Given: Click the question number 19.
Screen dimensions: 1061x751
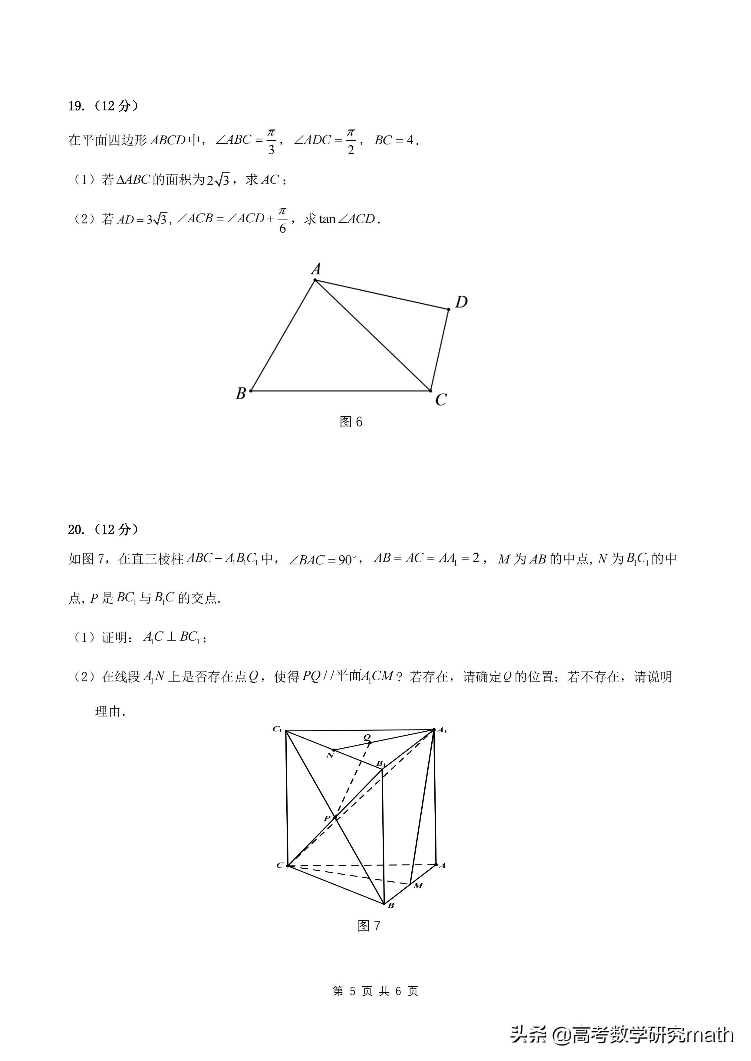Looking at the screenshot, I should [76, 106].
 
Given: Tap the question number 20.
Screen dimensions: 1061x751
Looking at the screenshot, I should [76, 530].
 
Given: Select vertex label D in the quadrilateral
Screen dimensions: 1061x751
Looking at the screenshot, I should [462, 302].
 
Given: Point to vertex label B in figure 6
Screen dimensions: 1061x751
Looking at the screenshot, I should [240, 393].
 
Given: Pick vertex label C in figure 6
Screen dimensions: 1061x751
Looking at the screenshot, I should [441, 399].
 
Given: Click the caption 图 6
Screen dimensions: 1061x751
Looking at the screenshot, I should [351, 421].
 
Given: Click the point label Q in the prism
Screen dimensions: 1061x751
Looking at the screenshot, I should [367, 737].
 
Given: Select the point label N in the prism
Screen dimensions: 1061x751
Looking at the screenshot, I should [330, 756].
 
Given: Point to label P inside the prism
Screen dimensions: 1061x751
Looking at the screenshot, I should [327, 818].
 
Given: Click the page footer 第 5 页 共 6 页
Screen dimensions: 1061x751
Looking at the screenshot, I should [375, 991].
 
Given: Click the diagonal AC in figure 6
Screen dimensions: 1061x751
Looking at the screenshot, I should [373, 335].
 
